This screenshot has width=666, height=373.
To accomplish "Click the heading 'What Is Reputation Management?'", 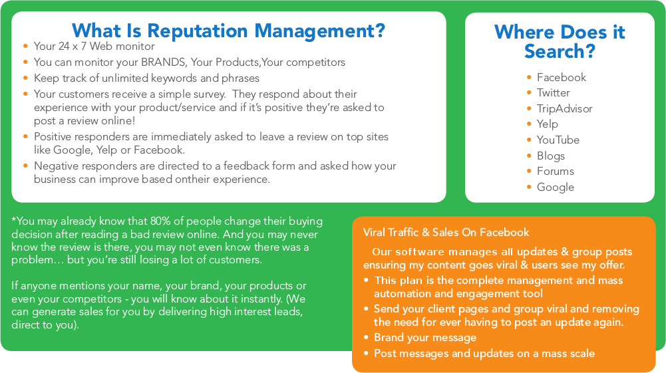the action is click(x=228, y=31).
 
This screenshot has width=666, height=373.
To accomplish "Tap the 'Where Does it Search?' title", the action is click(x=560, y=42).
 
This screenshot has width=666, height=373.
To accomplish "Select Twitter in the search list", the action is click(x=553, y=92).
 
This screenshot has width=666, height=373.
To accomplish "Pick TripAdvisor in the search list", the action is click(x=564, y=108).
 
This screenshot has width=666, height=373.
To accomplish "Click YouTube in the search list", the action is click(x=558, y=140).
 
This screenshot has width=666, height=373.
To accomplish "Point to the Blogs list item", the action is click(x=551, y=156).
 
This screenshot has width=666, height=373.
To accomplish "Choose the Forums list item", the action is click(x=556, y=171).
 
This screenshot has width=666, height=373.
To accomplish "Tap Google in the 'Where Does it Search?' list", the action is click(x=556, y=187).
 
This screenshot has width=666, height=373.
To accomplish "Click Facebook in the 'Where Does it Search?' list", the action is click(x=562, y=77).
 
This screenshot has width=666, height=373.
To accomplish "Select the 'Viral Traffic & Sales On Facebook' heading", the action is click(x=446, y=232).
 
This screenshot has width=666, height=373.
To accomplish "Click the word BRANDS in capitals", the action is click(x=164, y=62).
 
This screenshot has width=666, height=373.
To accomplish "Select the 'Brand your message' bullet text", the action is click(x=425, y=337).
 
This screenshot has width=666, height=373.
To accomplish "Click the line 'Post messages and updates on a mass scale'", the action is click(x=484, y=354).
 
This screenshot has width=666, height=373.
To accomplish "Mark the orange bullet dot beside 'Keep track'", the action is click(x=25, y=78).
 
